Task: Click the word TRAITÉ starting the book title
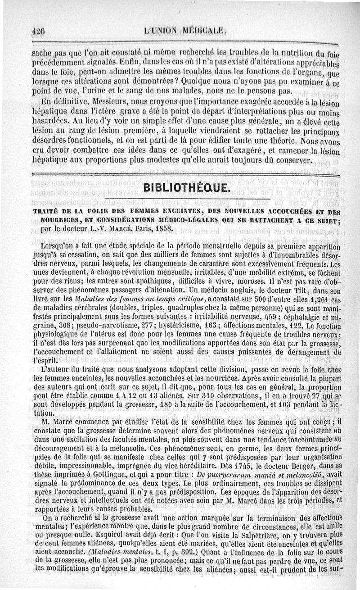pos(47,213)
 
